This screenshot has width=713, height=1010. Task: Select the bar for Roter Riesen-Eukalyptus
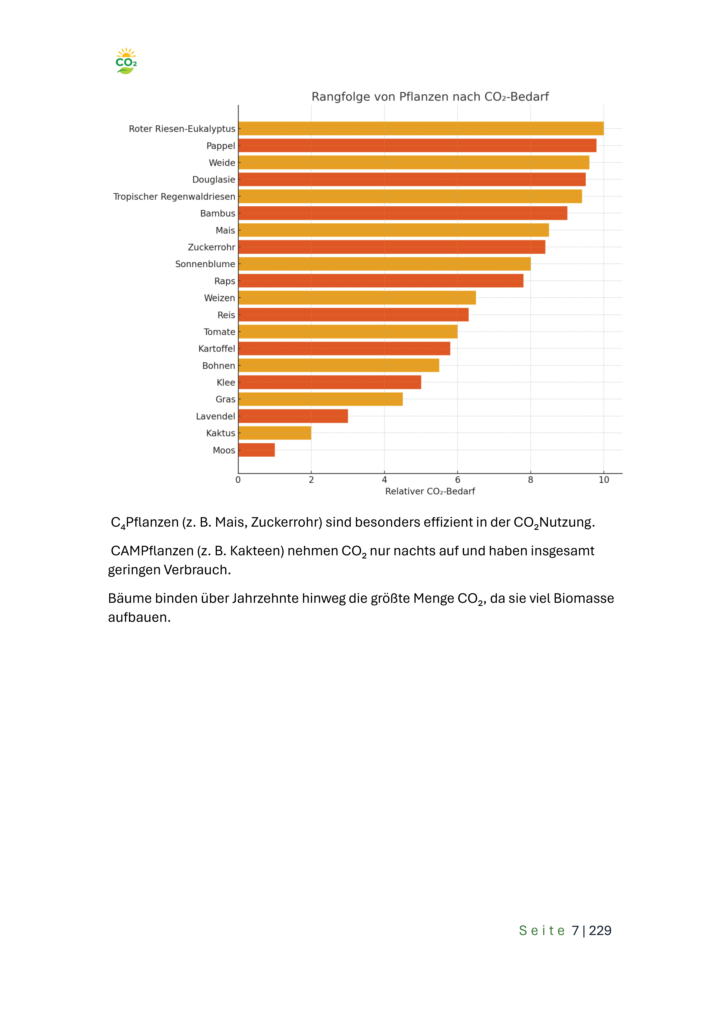pos(421,128)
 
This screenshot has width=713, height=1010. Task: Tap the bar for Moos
pos(257,450)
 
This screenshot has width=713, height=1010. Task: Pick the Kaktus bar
pos(275,433)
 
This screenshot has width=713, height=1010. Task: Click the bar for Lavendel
pos(293,416)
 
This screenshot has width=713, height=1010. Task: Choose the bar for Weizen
pos(357,298)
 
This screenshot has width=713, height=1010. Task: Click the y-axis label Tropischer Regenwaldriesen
pos(174,197)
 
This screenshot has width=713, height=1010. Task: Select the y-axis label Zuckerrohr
pos(211,247)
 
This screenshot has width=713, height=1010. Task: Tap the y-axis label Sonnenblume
pos(205,264)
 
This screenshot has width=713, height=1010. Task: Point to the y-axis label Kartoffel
pos(217,348)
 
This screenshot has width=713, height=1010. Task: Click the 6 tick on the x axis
pos(458,480)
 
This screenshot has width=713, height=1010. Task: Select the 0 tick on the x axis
pos(238,480)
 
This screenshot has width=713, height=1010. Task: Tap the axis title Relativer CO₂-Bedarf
pos(430,491)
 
